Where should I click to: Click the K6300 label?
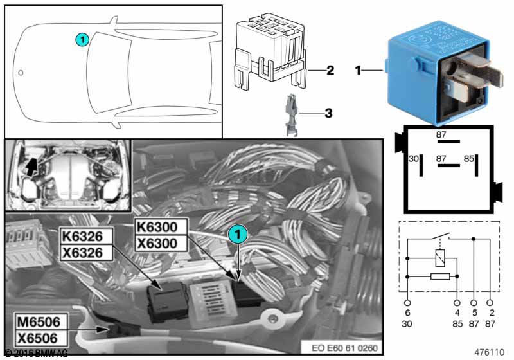pos(160,226)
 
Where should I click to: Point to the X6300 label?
pos(160,244)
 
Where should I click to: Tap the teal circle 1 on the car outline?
pos(81,40)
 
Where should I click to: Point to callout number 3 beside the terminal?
pos(328,114)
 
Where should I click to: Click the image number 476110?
pos(490,352)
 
